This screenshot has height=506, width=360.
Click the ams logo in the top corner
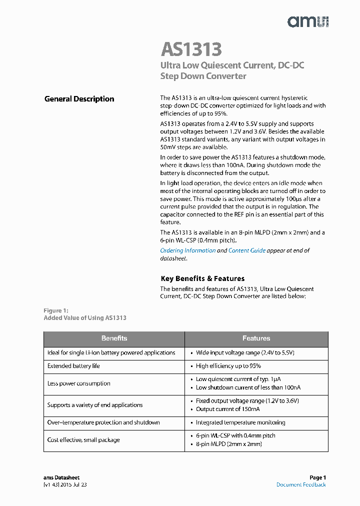pyautogui.click(x=307, y=21)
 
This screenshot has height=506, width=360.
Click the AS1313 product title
pyautogui.click(x=191, y=49)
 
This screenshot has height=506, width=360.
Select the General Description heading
pyautogui.click(x=79, y=99)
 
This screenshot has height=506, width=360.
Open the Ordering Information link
pyautogui.click(x=188, y=250)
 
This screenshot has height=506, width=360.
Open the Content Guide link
pyautogui.click(x=247, y=250)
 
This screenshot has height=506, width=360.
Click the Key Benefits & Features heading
pyautogui.click(x=202, y=278)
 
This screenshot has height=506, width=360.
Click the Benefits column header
pyautogui.click(x=114, y=338)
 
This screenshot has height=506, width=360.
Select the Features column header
pyautogui.click(x=256, y=338)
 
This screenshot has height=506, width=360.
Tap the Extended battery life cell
pyautogui.click(x=73, y=366)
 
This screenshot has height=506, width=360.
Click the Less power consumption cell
pyautogui.click(x=78, y=383)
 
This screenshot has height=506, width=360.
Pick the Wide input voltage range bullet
pyautogui.click(x=245, y=352)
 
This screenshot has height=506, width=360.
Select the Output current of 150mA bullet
pyautogui.click(x=227, y=409)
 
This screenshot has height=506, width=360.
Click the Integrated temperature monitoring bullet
pyautogui.click(x=240, y=422)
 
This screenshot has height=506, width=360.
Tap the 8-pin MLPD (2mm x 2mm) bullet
pyautogui.click(x=228, y=444)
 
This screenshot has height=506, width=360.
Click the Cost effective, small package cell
pyautogui.click(x=83, y=440)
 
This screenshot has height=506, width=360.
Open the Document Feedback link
pyautogui.click(x=301, y=484)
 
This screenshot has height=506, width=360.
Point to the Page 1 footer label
pyautogui.click(x=317, y=477)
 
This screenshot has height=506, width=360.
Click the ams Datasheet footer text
pyautogui.click(x=61, y=477)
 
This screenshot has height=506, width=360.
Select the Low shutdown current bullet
pyautogui.click(x=248, y=387)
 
